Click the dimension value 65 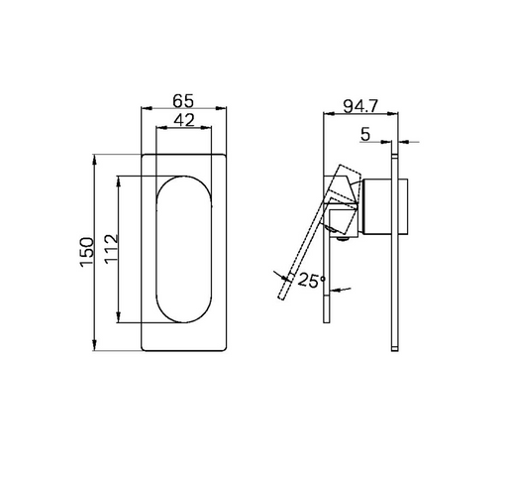183,101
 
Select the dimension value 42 184,120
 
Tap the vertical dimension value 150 87,252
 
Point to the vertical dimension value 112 111,248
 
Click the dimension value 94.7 360,106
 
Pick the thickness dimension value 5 365,134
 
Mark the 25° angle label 312,281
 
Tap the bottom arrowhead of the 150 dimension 95,345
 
